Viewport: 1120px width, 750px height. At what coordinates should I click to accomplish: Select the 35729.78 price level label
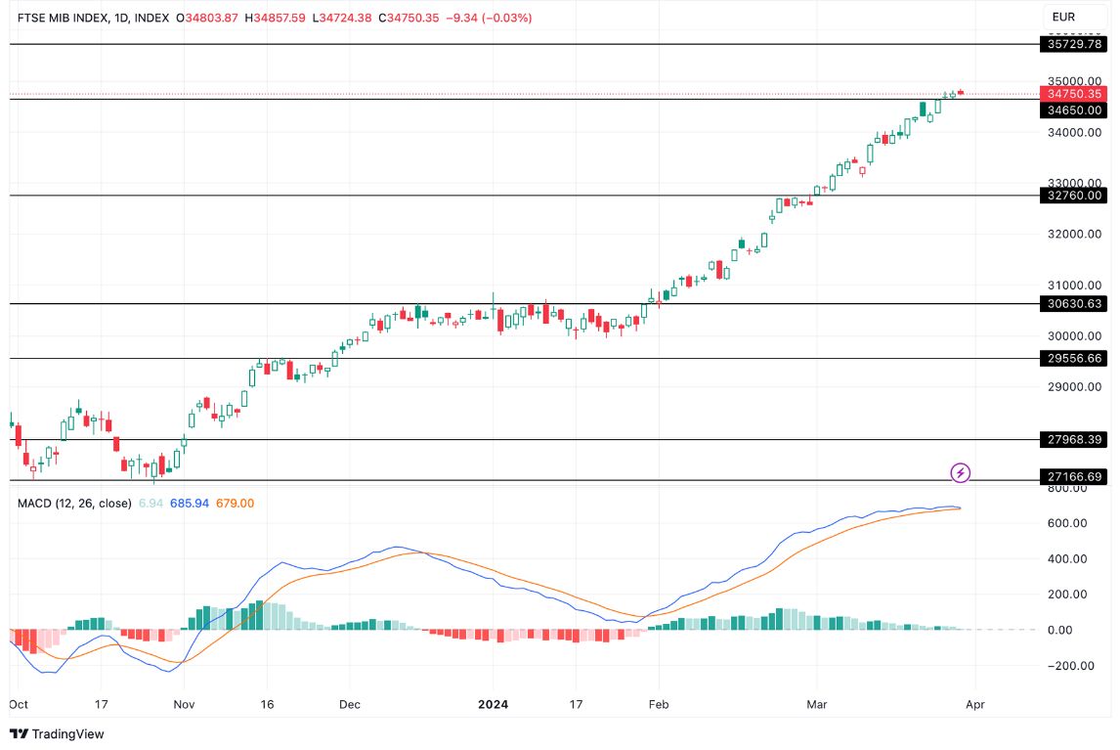(1074, 44)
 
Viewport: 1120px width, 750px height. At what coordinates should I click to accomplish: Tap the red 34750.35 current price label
(1074, 94)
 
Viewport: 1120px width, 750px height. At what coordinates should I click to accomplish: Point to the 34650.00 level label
(1074, 110)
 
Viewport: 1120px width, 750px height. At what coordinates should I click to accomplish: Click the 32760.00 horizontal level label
(1074, 196)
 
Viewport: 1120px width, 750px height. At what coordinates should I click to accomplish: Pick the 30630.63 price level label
(1074, 304)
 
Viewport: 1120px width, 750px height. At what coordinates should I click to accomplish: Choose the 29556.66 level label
(1074, 359)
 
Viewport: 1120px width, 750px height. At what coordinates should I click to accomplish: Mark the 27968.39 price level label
(1074, 440)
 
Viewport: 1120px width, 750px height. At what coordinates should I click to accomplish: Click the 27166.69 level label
(1074, 477)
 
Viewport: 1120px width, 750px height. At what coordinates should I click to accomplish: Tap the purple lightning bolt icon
(961, 473)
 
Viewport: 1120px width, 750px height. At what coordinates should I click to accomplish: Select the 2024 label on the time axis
(493, 703)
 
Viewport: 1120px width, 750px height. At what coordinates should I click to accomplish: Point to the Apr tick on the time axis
(973, 703)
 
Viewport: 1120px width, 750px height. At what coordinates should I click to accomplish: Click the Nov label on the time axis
(184, 703)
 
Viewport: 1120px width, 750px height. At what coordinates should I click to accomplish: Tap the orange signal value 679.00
(235, 503)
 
